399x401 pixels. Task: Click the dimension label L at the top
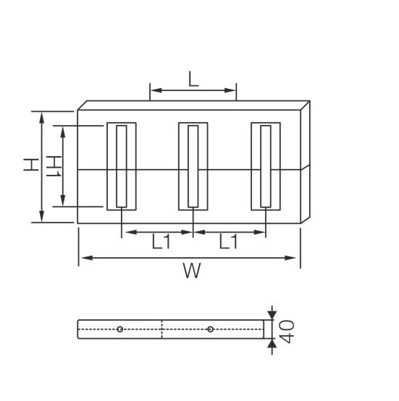point(193,79)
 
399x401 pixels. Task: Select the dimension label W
point(190,271)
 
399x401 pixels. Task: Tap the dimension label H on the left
point(30,165)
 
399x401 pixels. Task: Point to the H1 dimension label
point(52,165)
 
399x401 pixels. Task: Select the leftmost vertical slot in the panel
point(121,166)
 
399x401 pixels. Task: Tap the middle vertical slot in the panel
point(193,166)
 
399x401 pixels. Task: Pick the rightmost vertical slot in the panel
point(266,166)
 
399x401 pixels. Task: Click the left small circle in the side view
point(119,329)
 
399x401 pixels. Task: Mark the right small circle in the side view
point(210,329)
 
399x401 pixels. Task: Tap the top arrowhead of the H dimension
point(41,116)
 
